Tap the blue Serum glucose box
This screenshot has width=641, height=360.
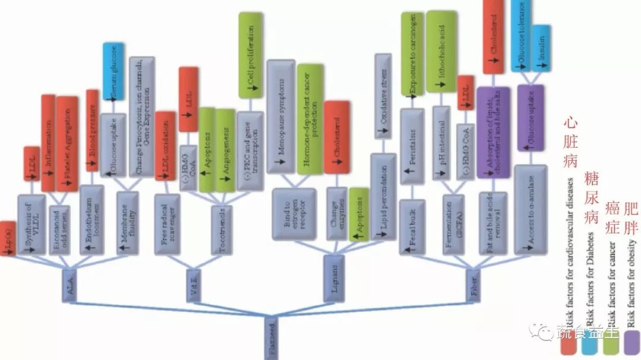(x=113, y=71)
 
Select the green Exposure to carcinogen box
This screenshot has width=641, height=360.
(x=412, y=53)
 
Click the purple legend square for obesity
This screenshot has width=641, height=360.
(x=631, y=342)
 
